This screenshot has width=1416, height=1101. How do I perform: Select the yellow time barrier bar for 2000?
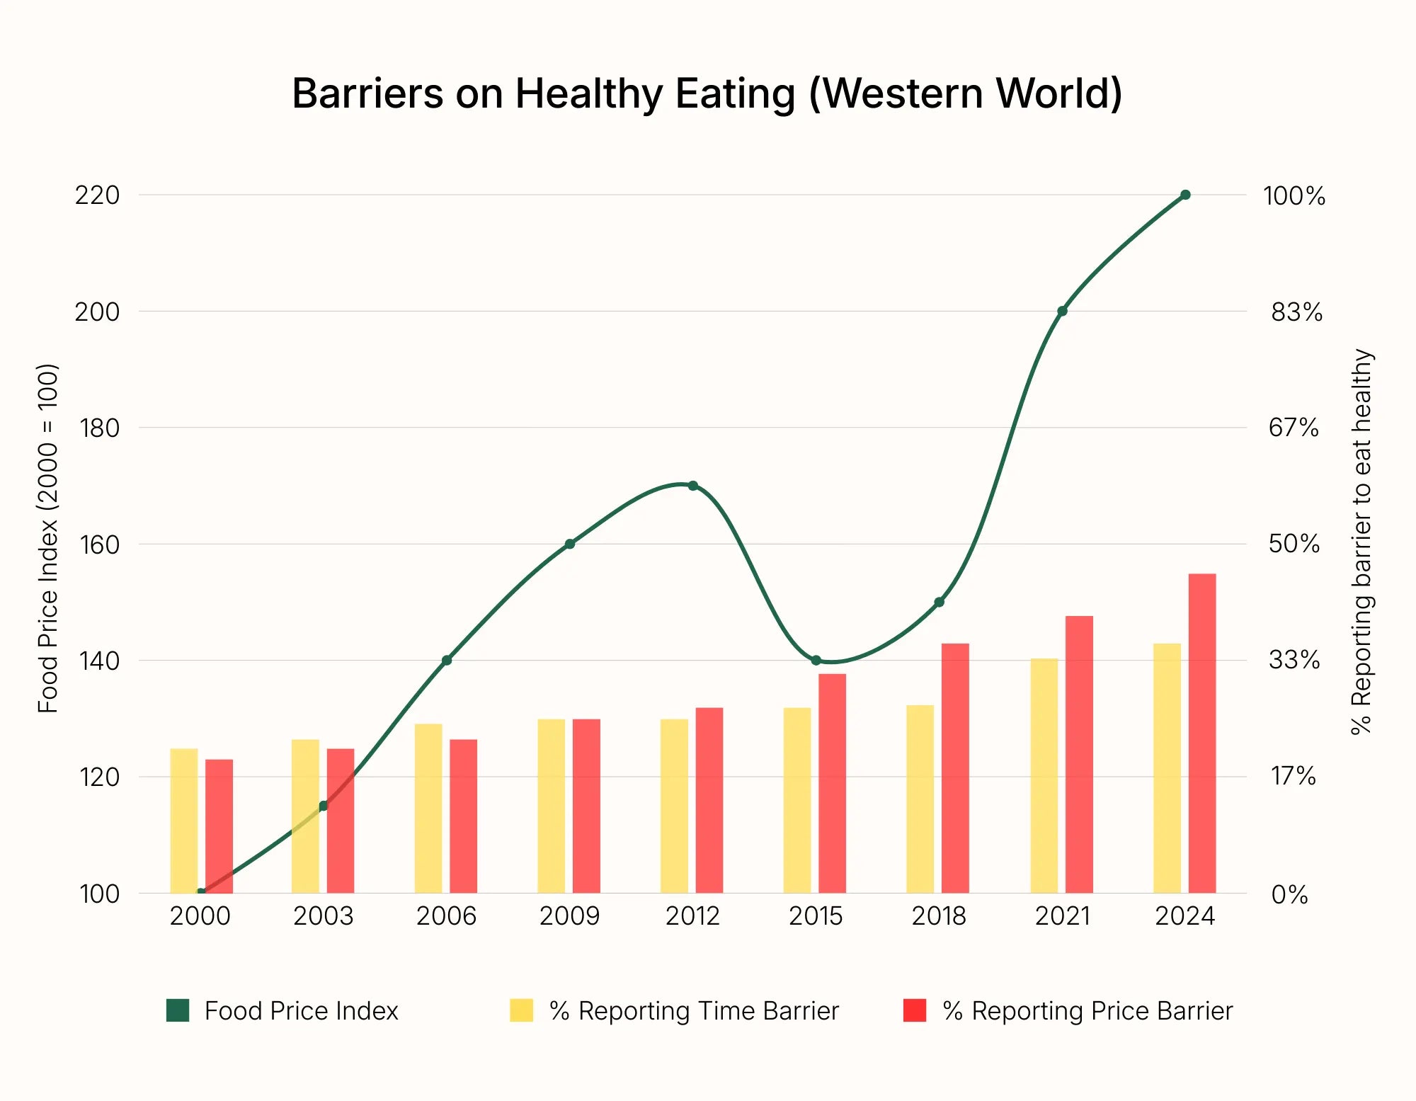184,821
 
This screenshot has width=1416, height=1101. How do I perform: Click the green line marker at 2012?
692,486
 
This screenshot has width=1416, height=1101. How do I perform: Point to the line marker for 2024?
1185,195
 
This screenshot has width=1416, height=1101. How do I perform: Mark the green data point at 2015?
816,661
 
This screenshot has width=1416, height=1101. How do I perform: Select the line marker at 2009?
569,544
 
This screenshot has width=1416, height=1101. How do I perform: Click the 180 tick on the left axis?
98,428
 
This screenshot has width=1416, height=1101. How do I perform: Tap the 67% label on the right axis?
1293,428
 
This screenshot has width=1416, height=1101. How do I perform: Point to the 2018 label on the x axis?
938,916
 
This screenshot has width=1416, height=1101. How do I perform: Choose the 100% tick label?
1294,196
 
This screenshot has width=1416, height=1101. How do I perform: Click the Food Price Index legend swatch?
178,1010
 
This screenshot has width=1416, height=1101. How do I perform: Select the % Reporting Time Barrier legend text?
694,1011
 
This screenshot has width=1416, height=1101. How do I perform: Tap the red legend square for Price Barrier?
914,1010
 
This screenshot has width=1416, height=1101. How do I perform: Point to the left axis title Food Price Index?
48,538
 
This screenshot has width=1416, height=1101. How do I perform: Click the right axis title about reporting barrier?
1361,542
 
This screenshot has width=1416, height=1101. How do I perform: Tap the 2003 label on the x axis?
323,916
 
